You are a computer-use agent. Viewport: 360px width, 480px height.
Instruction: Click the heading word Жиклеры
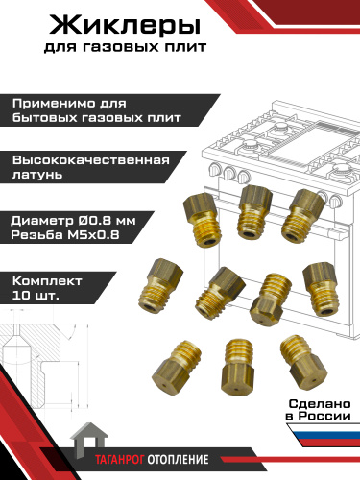pyautogui.click(x=125, y=27)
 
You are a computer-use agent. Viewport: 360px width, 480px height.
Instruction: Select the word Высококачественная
pyautogui.click(x=91, y=160)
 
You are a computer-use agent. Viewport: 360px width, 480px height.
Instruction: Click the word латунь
pyautogui.click(x=37, y=175)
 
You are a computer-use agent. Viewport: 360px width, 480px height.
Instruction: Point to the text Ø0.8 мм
pyautogui.click(x=107, y=221)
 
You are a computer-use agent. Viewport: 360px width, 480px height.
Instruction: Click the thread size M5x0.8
pyautogui.click(x=93, y=235)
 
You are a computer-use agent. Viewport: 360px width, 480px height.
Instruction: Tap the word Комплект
pyautogui.click(x=47, y=281)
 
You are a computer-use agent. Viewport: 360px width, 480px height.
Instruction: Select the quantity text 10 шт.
pyautogui.click(x=36, y=295)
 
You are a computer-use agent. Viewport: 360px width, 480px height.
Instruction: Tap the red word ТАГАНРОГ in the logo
pyautogui.click(x=120, y=460)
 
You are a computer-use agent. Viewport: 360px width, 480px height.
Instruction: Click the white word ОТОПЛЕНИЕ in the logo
pyautogui.click(x=178, y=460)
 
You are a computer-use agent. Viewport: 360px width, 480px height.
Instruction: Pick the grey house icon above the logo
pyautogui.click(x=89, y=440)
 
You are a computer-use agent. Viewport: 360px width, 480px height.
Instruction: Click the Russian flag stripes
pyautogui.click(x=324, y=435)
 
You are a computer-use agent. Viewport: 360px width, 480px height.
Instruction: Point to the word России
pyautogui.click(x=324, y=416)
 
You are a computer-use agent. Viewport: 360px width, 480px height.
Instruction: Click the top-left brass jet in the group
pyautogui.click(x=202, y=220)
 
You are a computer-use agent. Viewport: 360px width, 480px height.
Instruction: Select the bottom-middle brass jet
pyautogui.click(x=238, y=367)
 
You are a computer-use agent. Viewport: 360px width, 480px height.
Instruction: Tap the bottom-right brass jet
pyautogui.click(x=303, y=362)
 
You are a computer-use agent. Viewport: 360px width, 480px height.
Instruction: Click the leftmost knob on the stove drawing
pyautogui.click(x=214, y=169)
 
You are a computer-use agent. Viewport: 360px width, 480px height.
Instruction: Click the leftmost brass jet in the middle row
pyautogui.click(x=160, y=286)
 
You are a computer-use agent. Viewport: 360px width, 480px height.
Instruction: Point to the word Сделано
pyautogui.click(x=320, y=403)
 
